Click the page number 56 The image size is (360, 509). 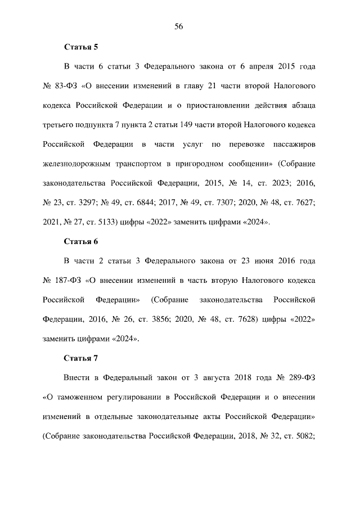point(179,26)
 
